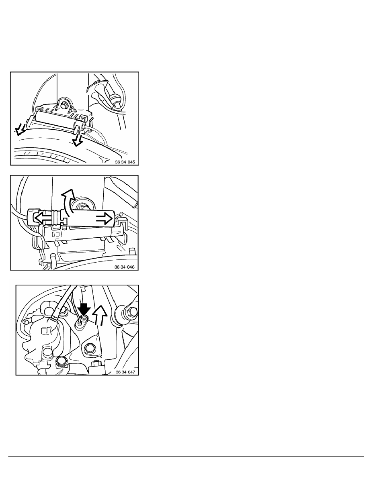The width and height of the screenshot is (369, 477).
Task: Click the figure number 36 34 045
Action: [125, 162]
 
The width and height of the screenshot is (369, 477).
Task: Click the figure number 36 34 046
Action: [124, 267]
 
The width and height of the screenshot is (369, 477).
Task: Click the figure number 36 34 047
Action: [125, 372]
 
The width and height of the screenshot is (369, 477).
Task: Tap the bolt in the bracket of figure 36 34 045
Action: [65, 105]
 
